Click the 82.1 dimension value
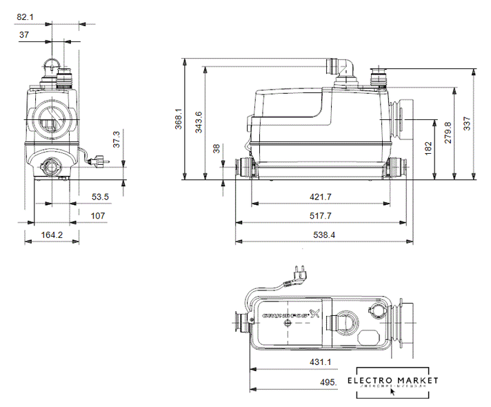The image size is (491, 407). click(25, 16)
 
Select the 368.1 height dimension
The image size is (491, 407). click(178, 119)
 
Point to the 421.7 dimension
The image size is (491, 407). click(319, 197)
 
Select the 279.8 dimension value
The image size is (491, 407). click(447, 132)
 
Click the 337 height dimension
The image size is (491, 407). click(468, 123)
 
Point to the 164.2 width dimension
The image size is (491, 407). click(52, 235)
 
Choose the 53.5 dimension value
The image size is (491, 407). click(101, 197)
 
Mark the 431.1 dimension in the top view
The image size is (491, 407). click(319, 361)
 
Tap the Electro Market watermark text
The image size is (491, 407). click(392, 381)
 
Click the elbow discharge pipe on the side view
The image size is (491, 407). click(340, 66)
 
